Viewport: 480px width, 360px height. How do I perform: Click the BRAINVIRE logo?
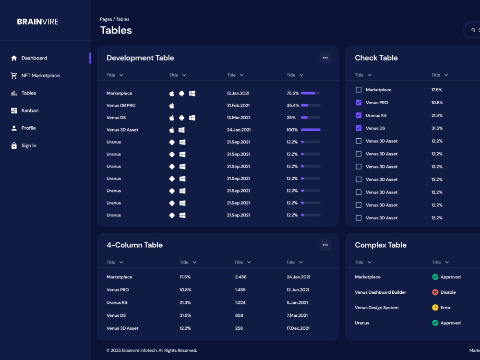coord(37,22)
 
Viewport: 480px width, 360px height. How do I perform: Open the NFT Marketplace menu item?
coord(40,76)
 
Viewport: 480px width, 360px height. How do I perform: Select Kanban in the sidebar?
coord(30,110)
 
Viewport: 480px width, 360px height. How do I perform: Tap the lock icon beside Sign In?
coord(14,145)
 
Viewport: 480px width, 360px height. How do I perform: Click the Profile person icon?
coord(14,128)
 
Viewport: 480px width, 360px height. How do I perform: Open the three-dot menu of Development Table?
coord(325,58)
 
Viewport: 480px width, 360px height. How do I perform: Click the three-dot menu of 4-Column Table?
coord(325,245)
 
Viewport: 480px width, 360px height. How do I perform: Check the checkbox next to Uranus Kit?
coord(359,115)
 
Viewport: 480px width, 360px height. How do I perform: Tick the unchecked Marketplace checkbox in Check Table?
coord(359,90)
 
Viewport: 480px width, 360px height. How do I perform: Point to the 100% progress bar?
coord(311,130)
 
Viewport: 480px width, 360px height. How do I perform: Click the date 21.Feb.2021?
coord(238,105)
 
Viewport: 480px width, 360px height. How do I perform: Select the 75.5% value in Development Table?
coord(293,93)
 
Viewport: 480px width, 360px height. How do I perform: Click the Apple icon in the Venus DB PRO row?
coord(172,106)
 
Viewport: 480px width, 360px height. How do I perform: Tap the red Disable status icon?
coord(435,292)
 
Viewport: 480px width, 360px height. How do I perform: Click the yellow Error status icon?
coord(435,308)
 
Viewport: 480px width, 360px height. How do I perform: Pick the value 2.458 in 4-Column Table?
coord(240,277)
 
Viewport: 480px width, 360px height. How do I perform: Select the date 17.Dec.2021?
coord(298,328)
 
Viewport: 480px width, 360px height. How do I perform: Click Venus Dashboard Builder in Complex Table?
coord(381,292)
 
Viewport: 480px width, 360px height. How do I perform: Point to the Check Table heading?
coord(376,58)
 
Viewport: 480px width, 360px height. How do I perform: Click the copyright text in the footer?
coord(152,350)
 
